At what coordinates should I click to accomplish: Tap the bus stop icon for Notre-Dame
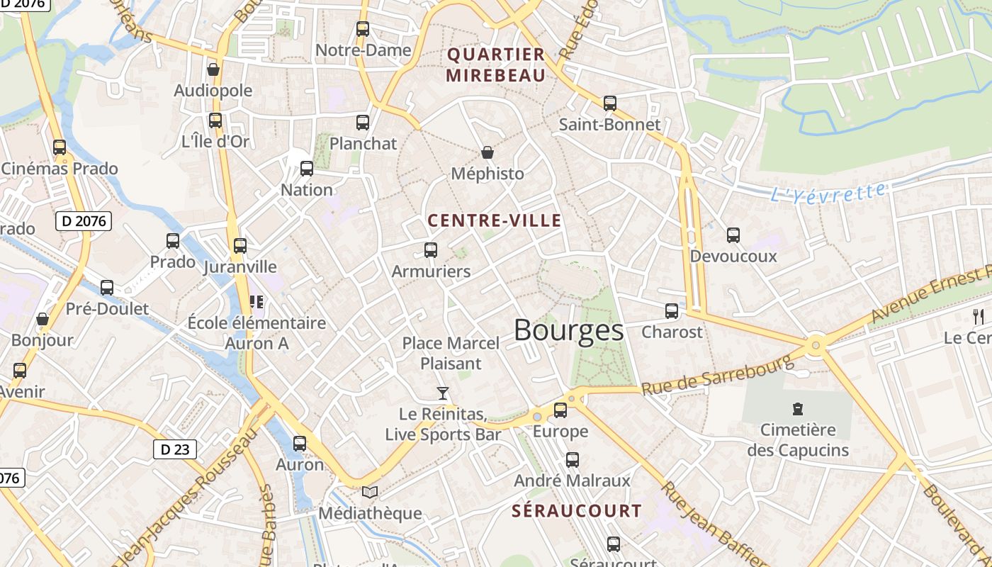pos(363,29)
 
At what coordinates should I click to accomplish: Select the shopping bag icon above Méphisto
pos(487,152)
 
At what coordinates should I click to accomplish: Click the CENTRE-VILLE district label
pos(495,220)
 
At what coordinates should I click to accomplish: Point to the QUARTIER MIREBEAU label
pos(496,64)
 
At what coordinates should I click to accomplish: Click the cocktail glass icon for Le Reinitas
pos(443,393)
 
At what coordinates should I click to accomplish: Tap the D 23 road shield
pos(174,449)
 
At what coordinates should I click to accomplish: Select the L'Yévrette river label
pos(828,193)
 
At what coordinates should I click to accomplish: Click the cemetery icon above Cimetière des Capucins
pos(798,408)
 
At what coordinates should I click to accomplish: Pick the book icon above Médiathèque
pos(370,492)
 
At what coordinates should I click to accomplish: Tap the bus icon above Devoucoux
pos(733,235)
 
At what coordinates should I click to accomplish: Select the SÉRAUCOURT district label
pos(576,510)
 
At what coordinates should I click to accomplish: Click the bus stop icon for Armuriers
pos(431,249)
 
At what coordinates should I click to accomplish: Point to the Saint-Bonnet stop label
pos(609,124)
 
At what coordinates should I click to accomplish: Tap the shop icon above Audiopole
pos(213,69)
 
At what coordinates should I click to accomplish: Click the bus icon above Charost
pos(672,310)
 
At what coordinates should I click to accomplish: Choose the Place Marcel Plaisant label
pos(451,353)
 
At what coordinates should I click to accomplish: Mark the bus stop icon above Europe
pos(560,410)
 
